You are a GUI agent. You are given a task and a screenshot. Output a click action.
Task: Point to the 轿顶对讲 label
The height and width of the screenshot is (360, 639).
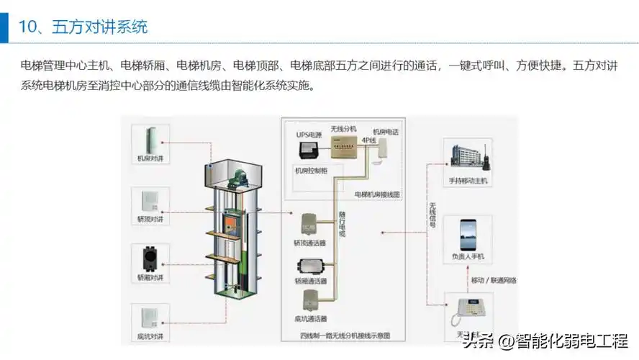tap(150, 217)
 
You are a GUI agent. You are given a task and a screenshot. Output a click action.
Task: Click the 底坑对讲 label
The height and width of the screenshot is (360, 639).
tap(150, 336)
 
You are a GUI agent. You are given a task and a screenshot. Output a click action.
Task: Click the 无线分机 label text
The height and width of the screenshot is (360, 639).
tap(343, 129)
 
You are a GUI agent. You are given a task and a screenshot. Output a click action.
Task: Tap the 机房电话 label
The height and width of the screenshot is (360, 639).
tap(385, 132)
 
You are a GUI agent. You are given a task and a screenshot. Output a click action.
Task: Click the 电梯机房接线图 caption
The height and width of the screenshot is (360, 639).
tap(377, 194)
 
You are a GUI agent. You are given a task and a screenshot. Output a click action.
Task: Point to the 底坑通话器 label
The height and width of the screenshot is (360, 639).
tap(310, 318)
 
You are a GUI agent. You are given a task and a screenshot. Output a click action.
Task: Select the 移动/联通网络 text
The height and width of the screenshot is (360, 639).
tap(493, 279)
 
